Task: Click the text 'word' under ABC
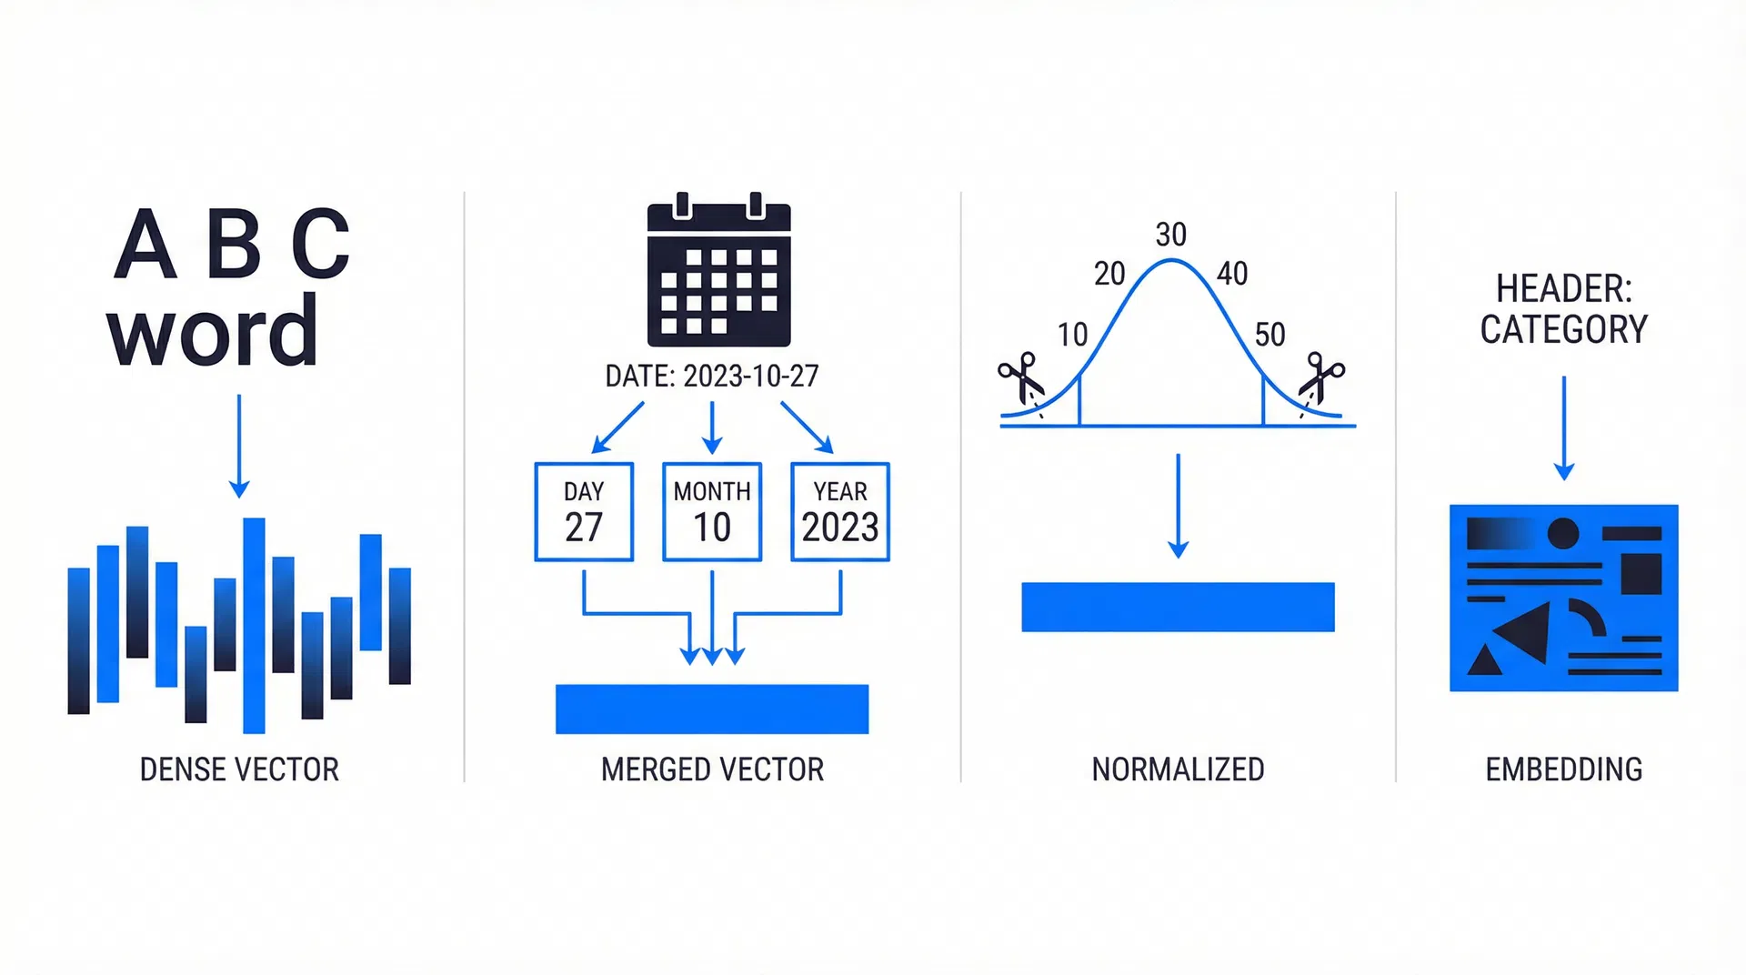pos(213,332)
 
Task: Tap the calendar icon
pos(718,271)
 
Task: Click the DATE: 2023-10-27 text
pos(712,376)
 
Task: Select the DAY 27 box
pos(584,512)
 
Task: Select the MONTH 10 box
pos(712,512)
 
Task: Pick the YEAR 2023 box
pos(840,512)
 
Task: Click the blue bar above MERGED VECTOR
pos(712,709)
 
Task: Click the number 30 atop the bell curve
pos(1170,235)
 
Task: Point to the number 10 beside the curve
pos(1072,335)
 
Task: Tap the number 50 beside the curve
pos(1269,335)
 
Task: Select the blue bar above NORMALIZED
pos(1178,607)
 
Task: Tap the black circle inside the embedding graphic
pos(1562,533)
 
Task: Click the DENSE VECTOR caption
pos(239,769)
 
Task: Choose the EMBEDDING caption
pos(1563,769)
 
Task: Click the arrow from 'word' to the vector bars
pos(239,446)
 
